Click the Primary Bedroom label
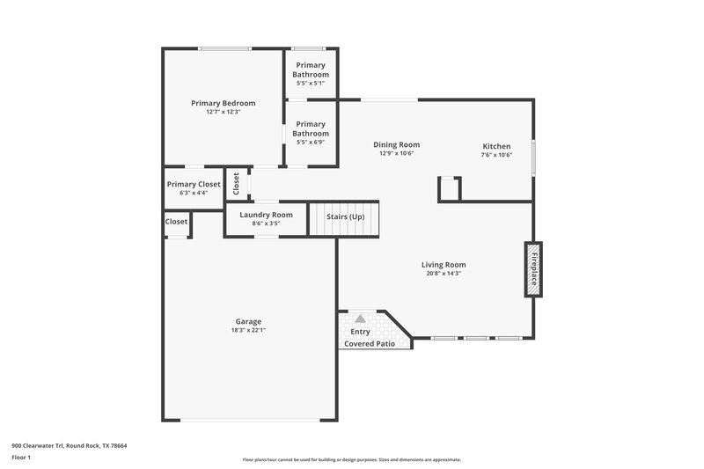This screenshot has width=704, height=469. (x=223, y=103)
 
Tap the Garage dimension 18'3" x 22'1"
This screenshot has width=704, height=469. (x=248, y=330)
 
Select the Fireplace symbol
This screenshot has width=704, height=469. (x=532, y=268)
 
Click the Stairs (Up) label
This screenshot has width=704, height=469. (x=345, y=216)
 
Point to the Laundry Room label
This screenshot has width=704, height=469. (x=266, y=215)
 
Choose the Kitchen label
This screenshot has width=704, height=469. (x=496, y=146)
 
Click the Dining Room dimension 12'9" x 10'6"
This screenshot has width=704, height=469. (x=396, y=154)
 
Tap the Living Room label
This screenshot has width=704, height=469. (x=444, y=264)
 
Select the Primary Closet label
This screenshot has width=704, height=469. (x=193, y=184)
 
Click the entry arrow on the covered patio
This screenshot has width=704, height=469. (x=360, y=319)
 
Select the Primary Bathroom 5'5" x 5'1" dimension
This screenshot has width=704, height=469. (x=311, y=84)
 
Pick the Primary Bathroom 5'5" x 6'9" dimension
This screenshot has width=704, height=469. (x=311, y=142)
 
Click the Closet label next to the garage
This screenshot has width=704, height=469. (x=176, y=222)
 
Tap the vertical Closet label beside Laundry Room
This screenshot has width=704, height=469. (x=236, y=183)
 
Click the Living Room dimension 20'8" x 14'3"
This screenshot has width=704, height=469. (x=444, y=274)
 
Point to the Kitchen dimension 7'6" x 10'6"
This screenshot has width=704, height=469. (x=496, y=155)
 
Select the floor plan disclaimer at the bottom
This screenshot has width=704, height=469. (x=352, y=459)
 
